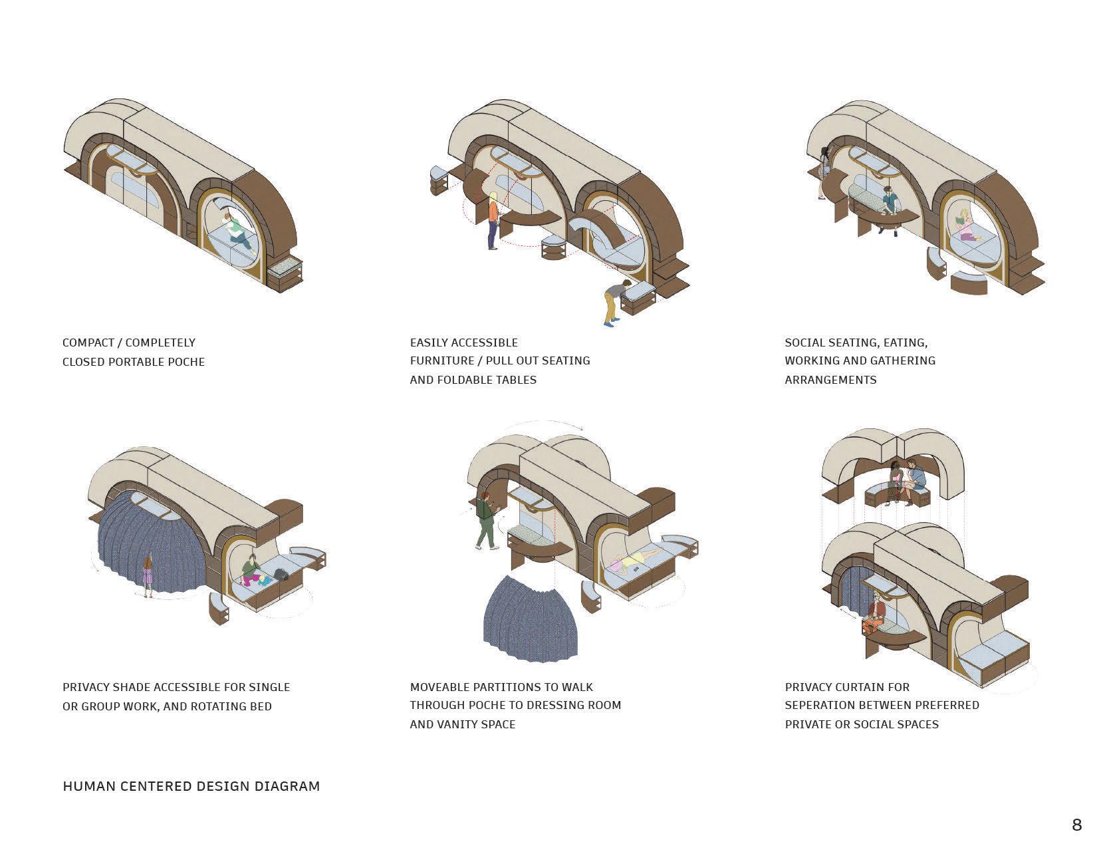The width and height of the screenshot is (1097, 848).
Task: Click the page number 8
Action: click(x=1076, y=825)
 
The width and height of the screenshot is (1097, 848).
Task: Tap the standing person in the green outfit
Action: click(x=485, y=522)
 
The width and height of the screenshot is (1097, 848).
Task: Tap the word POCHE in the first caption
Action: click(x=187, y=362)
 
